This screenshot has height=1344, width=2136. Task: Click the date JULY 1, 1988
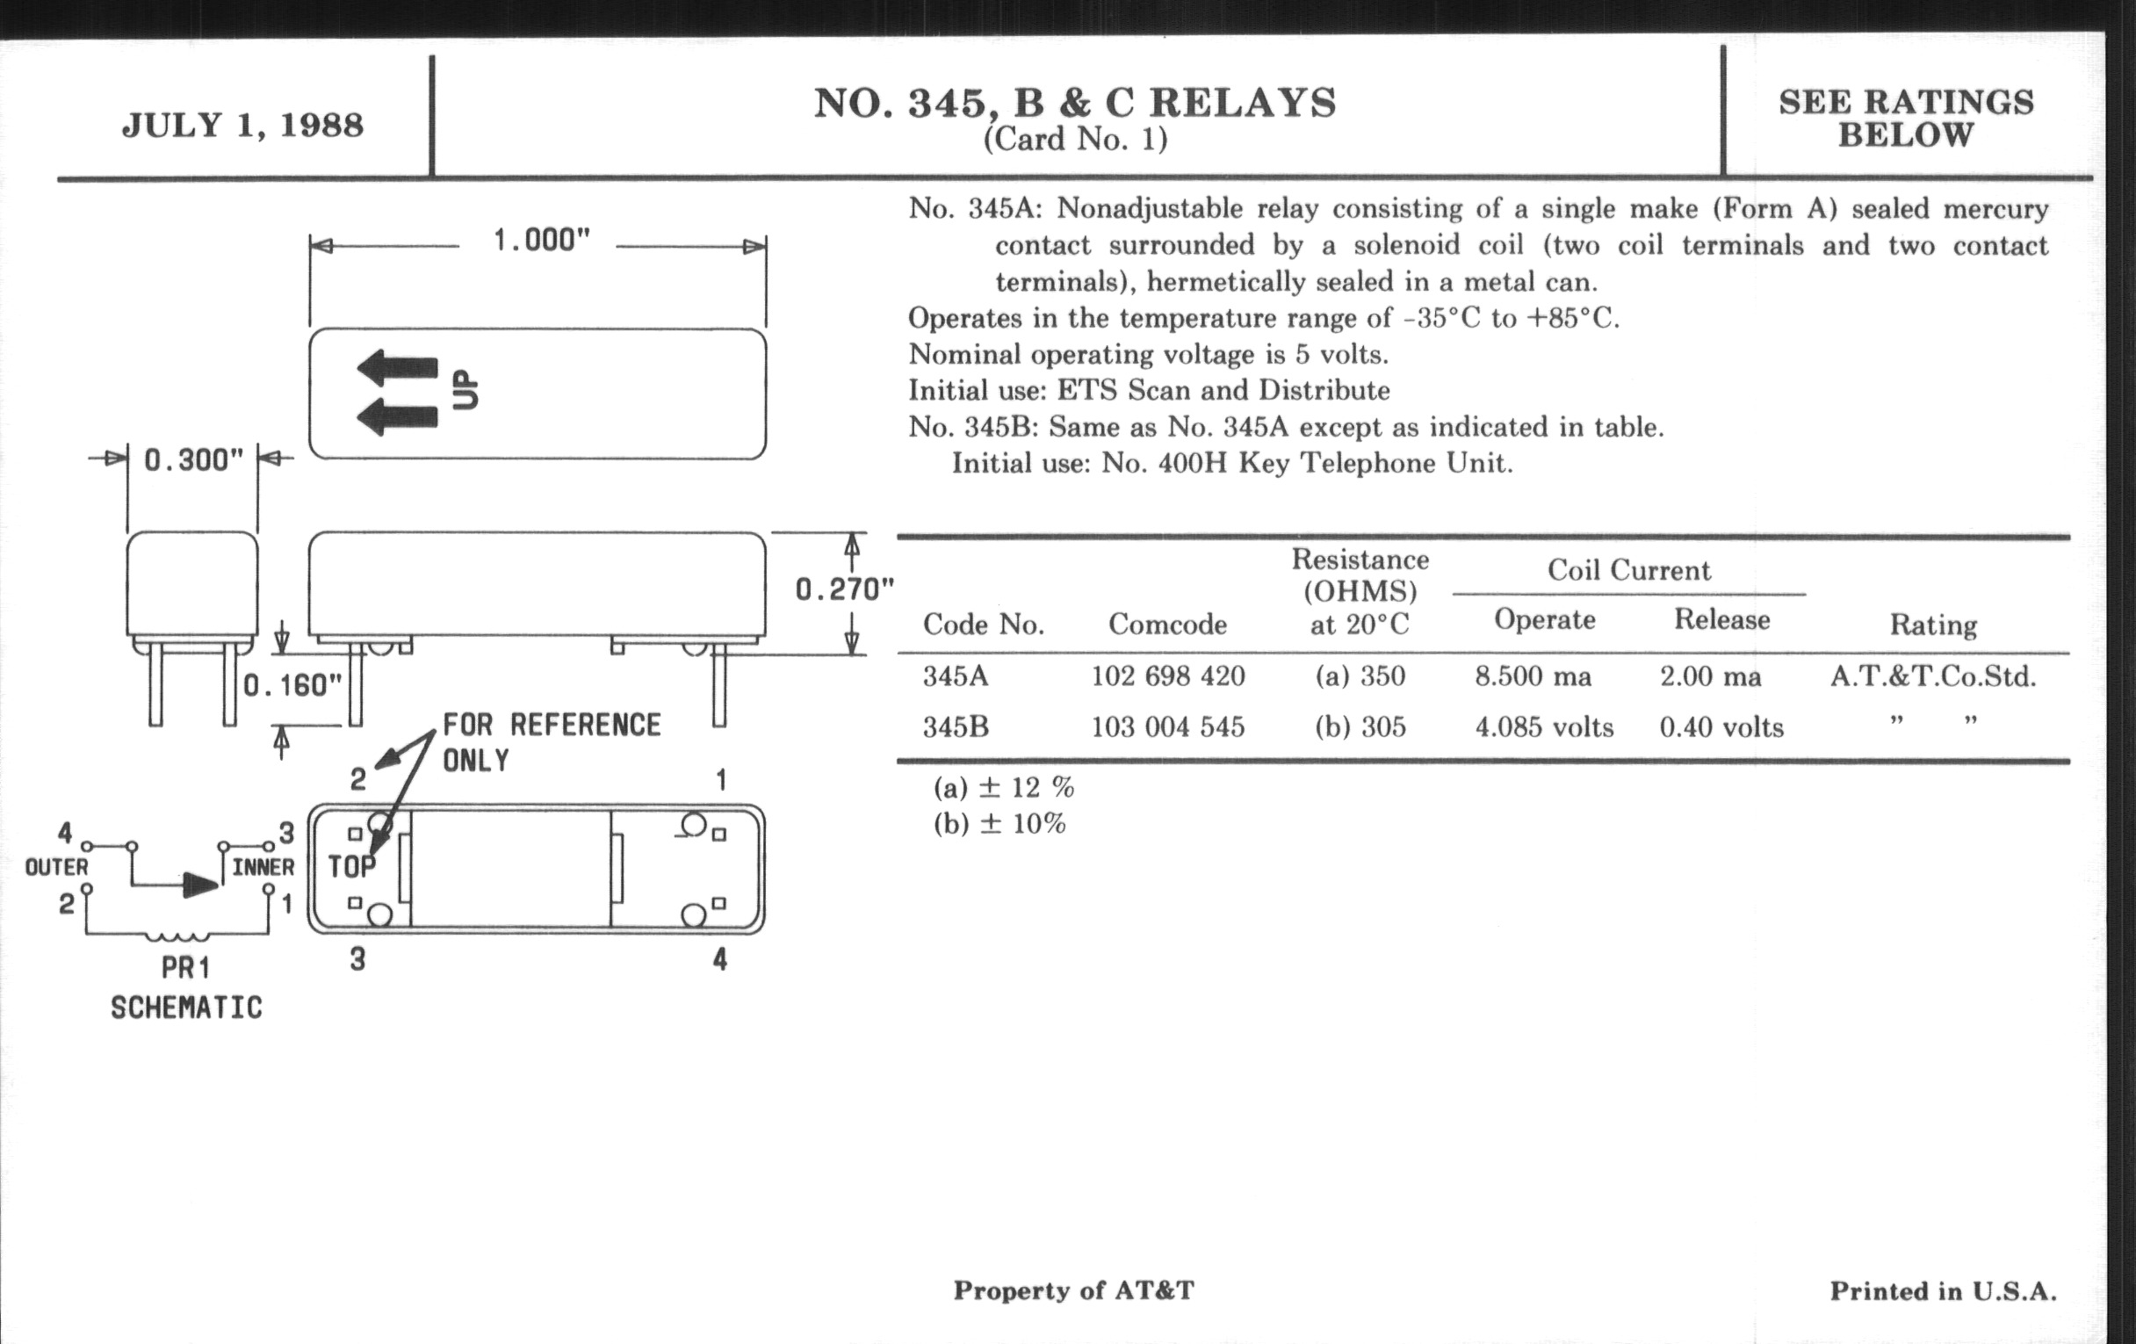(x=242, y=125)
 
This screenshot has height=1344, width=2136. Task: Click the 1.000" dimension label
(x=541, y=241)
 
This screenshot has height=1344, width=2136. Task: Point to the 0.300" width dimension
(x=192, y=460)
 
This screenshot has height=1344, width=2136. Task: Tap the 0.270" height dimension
(x=843, y=589)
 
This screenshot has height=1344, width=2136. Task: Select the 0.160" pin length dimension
(x=292, y=685)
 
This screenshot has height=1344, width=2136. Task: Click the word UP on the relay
(x=465, y=389)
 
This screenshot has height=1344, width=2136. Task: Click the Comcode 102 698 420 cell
(x=1167, y=677)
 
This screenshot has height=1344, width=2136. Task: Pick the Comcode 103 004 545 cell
(x=1167, y=727)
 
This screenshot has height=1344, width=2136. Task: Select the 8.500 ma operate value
(x=1533, y=677)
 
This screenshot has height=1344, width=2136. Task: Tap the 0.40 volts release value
(x=1721, y=727)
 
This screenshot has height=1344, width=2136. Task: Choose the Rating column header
(x=1933, y=625)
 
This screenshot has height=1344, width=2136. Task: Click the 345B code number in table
(x=956, y=727)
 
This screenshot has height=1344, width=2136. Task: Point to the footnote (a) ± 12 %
(x=1003, y=787)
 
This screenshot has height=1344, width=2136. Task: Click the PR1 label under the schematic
(x=185, y=968)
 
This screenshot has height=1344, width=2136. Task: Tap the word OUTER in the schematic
(x=57, y=867)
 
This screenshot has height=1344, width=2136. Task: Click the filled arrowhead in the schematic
(x=200, y=885)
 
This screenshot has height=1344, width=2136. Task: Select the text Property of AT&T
(x=1073, y=1290)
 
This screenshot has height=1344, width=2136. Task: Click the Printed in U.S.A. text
(x=1943, y=1290)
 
